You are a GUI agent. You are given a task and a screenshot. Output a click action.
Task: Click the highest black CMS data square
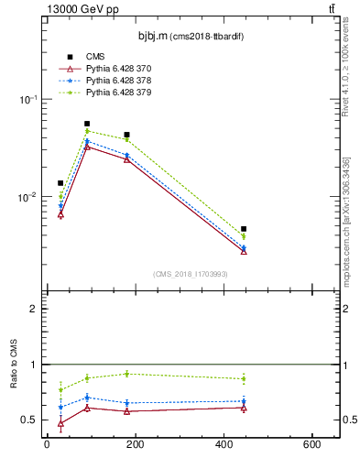point(87,124)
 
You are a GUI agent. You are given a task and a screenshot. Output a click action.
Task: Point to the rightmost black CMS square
point(244,229)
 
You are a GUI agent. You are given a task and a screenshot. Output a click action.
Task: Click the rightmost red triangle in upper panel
point(244,250)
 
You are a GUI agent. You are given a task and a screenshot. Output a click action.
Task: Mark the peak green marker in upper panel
point(87,131)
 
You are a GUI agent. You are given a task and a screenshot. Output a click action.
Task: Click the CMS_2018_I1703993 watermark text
point(190,274)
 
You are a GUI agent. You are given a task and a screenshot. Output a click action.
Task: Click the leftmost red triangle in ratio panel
point(60,423)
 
